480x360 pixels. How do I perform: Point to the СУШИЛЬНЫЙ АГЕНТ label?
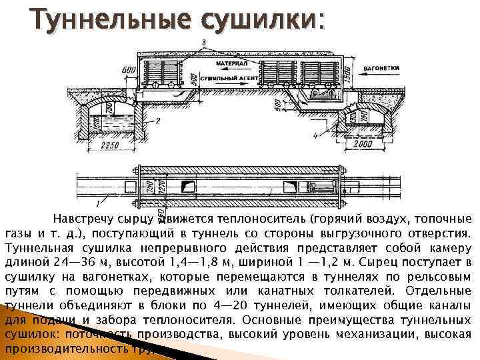(234, 78)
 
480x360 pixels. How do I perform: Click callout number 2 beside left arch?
(157, 121)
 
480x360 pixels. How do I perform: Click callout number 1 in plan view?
(97, 201)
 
